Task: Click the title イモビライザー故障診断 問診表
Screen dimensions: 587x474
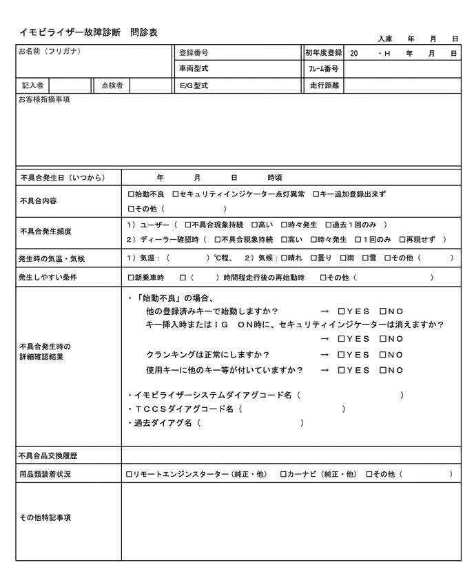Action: point(88,32)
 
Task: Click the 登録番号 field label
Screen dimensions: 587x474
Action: point(194,52)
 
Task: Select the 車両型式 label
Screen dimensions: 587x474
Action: point(194,69)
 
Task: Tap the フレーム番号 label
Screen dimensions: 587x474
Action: point(322,69)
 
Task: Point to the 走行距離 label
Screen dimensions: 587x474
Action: point(322,86)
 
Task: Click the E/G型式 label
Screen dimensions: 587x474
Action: point(193,86)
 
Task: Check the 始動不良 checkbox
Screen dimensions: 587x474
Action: point(131,194)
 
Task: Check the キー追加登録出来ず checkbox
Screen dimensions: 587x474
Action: point(316,194)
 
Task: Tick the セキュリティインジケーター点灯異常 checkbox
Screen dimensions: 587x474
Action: point(176,194)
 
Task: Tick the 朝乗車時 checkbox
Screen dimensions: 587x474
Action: point(131,278)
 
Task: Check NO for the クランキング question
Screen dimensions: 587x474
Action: point(382,355)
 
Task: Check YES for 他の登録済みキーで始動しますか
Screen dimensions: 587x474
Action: point(342,311)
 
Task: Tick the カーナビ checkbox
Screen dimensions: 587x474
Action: point(283,474)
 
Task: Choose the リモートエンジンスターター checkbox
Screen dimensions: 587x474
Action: point(130,474)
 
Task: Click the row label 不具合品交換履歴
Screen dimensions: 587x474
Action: point(48,455)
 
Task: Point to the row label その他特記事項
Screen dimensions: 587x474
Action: point(45,517)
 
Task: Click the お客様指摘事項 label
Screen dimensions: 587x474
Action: point(45,100)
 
